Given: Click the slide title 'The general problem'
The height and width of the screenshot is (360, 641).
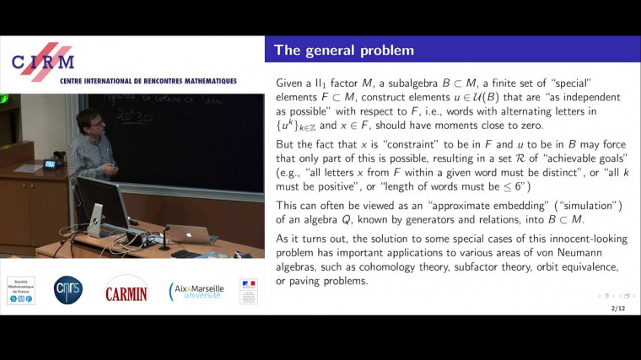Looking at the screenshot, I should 344,50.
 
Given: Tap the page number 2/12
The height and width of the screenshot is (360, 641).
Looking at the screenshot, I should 617,308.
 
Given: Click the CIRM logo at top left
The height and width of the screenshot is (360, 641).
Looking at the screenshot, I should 43,61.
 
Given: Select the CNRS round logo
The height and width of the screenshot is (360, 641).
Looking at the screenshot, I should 68,290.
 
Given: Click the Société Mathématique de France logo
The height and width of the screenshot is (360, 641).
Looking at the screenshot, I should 21,290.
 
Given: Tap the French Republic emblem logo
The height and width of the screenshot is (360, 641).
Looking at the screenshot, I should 249,290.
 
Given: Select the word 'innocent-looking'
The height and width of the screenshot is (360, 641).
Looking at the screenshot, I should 579,239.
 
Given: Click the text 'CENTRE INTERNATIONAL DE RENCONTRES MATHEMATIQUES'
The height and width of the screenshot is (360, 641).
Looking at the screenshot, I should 148,81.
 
